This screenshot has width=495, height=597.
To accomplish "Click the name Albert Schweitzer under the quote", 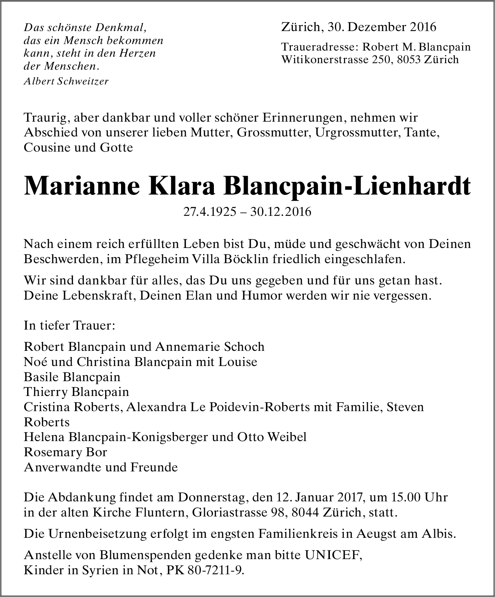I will [x=66, y=81].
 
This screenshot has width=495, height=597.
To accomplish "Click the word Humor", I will [x=262, y=295].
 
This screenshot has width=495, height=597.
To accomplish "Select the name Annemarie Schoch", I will [x=210, y=347].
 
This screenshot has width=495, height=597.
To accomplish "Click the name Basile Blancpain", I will [x=72, y=377].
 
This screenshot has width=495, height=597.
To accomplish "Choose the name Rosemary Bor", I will [x=65, y=452].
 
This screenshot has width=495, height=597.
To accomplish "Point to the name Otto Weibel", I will [x=272, y=437].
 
